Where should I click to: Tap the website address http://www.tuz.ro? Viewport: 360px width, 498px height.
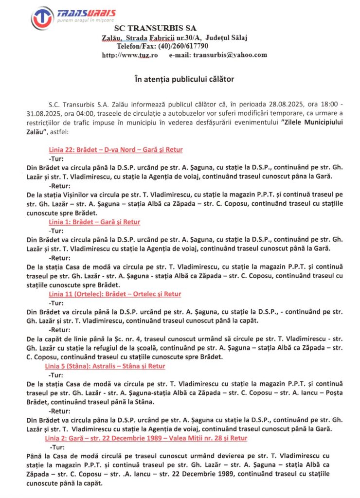[130, 55]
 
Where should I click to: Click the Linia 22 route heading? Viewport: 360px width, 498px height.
[116, 149]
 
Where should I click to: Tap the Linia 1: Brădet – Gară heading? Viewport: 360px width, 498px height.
[94, 222]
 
